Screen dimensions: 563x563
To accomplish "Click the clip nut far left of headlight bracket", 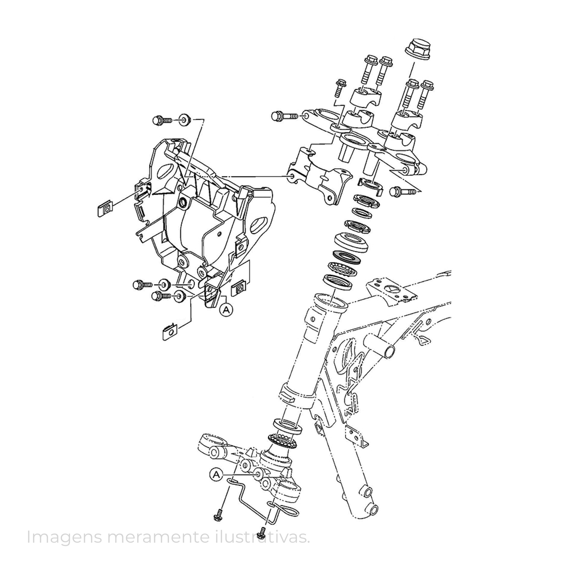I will tap(104, 209).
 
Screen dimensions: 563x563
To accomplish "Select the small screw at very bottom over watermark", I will tap(263, 533).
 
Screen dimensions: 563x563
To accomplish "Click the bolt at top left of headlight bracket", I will tap(162, 120).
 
